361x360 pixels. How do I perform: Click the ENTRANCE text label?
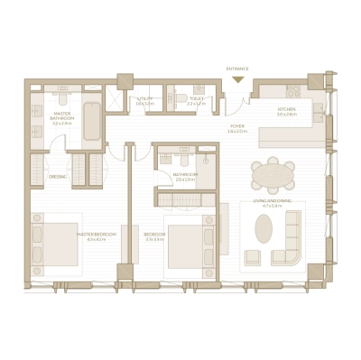pos(236,68)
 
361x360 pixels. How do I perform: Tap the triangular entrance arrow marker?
pos(237,79)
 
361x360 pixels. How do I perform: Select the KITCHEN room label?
pos(286,110)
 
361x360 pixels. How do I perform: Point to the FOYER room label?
pos(236,128)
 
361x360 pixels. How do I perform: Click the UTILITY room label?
pos(144,101)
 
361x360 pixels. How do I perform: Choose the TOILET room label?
pos(197,101)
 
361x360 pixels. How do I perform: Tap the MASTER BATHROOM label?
pos(62,116)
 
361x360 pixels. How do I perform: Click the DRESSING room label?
pos(58,176)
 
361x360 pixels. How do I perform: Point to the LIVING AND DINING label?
pos(272,204)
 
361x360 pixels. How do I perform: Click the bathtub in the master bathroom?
pos(92,122)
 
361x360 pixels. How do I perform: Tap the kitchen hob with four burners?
pos(293,89)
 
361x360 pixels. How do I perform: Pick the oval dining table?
pos(273,172)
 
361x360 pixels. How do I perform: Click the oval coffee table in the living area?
pos(263,229)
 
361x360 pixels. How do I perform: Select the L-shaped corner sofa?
pos(292,238)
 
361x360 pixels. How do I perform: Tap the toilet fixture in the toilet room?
pos(180,99)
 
